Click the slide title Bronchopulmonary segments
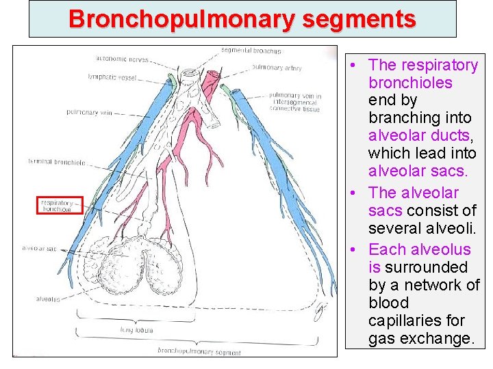click(242, 18)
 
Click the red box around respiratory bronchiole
click(59, 205)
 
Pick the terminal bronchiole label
click(57, 162)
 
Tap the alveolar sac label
click(39, 249)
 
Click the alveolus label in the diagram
click(49, 299)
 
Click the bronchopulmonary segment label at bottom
click(199, 352)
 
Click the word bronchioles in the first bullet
click(410, 83)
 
